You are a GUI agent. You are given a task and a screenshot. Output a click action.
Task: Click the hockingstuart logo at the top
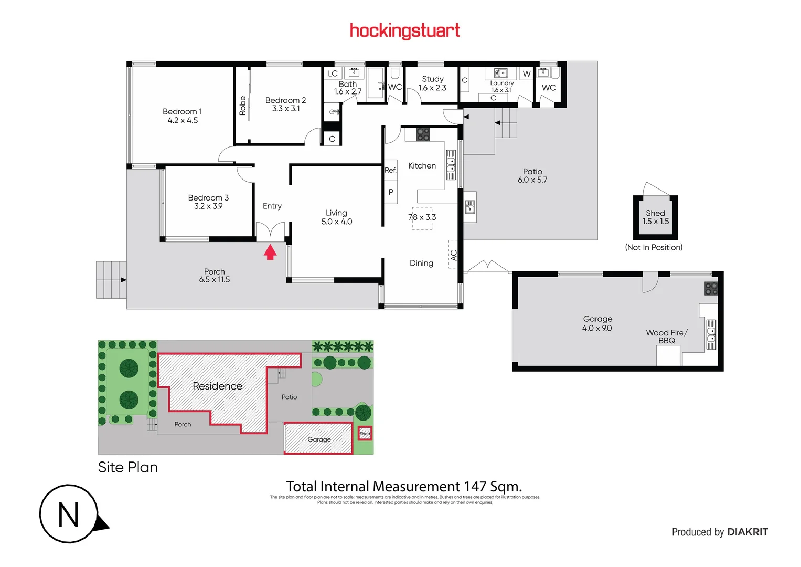pyautogui.click(x=404, y=30)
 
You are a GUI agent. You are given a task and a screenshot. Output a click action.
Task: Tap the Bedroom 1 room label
pyautogui.click(x=182, y=111)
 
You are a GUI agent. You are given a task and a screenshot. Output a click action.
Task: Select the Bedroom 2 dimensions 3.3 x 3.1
pyautogui.click(x=286, y=109)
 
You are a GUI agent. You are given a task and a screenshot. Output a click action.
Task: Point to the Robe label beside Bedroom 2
pyautogui.click(x=242, y=106)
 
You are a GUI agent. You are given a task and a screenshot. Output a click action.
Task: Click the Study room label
pyautogui.click(x=433, y=79)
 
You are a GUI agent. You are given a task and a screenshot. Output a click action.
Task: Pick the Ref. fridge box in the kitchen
pyautogui.click(x=390, y=170)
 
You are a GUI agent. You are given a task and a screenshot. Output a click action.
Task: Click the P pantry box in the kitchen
pyautogui.click(x=391, y=192)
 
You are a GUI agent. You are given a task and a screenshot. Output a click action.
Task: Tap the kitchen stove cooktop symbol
pyautogui.click(x=423, y=134)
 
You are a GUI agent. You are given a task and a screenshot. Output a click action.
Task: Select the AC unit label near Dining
pyautogui.click(x=453, y=255)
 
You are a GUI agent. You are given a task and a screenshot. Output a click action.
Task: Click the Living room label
pyautogui.click(x=336, y=213)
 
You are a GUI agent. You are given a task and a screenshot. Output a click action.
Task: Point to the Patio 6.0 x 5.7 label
pyautogui.click(x=532, y=175)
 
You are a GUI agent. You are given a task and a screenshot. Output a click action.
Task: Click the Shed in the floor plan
pyautogui.click(x=655, y=217)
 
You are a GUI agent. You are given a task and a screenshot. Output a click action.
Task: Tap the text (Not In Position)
pyautogui.click(x=654, y=247)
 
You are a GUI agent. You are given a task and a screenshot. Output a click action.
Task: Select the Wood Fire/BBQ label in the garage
pyautogui.click(x=666, y=337)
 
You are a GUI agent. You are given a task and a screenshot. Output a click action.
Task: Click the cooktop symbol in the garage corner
pyautogui.click(x=711, y=288)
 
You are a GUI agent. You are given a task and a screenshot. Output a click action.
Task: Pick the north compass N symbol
pyautogui.click(x=69, y=514)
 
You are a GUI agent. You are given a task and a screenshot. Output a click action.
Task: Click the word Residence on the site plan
pyautogui.click(x=217, y=386)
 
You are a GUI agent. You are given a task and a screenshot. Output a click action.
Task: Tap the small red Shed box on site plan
pyautogui.click(x=365, y=434)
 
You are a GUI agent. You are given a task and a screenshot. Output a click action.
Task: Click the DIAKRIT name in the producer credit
pyautogui.click(x=747, y=532)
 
